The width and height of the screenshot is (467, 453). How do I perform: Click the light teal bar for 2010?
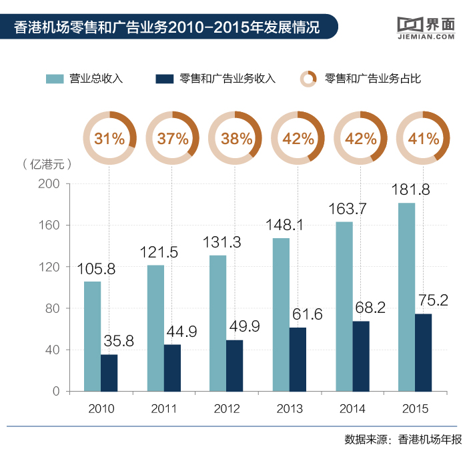pos(92,336)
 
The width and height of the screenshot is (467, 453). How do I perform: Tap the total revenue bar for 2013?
pos(281,314)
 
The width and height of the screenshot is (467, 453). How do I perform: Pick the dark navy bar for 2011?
pos(172,368)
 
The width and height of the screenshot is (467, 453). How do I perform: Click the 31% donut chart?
pos(109,139)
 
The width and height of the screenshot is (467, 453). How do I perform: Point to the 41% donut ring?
pos(423,139)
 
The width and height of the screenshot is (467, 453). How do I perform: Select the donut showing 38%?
pos(235,139)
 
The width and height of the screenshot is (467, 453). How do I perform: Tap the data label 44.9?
pos(179,332)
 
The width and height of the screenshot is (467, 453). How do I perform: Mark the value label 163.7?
pos(347,209)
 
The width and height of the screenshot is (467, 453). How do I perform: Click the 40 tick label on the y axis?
pos(53,350)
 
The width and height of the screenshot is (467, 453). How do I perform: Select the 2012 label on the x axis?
pos(227,409)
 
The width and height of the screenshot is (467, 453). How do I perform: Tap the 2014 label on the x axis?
pos(352,409)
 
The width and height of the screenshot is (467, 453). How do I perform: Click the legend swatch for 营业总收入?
pos(55,79)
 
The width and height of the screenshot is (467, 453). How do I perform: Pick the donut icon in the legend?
pos(308,79)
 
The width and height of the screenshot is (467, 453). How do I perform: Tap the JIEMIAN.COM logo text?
pos(424,37)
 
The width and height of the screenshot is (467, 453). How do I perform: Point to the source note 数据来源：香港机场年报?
pos(403,439)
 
